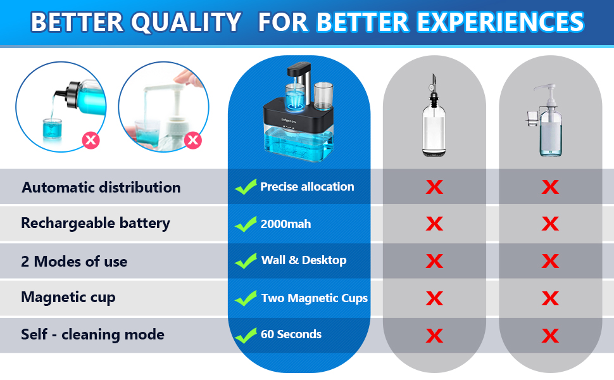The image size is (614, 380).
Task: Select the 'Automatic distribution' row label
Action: [x=101, y=187]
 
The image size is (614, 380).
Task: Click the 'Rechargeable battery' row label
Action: [x=96, y=223]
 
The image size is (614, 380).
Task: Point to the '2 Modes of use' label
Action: [x=74, y=261]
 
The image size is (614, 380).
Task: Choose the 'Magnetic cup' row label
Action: [x=68, y=297]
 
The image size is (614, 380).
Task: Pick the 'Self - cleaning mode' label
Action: [x=92, y=334]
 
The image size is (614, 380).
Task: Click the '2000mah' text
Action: [x=285, y=224]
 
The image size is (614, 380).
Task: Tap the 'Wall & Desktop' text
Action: [x=304, y=260]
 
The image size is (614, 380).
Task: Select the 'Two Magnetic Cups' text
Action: [x=314, y=298]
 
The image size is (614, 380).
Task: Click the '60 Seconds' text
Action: [x=291, y=334]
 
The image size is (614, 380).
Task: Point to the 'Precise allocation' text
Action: [x=307, y=187]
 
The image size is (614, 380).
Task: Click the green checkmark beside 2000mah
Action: [x=245, y=224]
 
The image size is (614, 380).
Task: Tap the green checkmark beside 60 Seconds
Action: [x=245, y=335]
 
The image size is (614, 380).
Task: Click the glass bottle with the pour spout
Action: [x=434, y=127]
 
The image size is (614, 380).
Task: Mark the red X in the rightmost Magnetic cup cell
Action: [x=550, y=298]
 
